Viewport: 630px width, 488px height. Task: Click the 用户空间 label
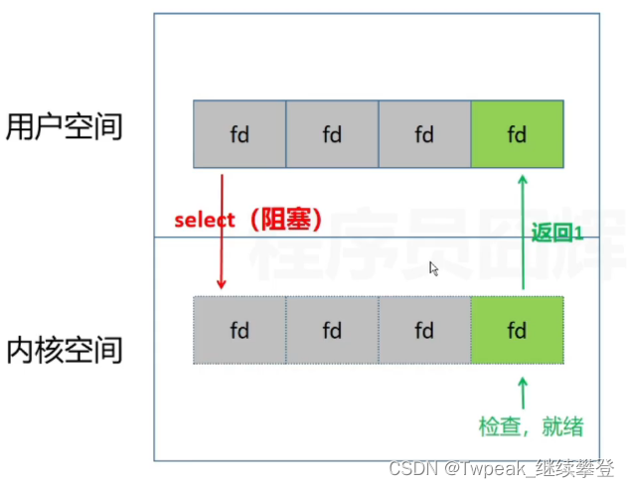point(64,127)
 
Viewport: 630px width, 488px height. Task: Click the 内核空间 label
point(64,350)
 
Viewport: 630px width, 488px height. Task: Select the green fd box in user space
point(517,133)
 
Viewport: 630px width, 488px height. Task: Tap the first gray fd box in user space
point(239,133)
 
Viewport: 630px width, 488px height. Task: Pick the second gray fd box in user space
point(332,133)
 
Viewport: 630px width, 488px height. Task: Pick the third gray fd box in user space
point(424,133)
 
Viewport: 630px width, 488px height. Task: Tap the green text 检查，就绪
point(531,427)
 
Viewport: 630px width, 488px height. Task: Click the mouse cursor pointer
point(433,267)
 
